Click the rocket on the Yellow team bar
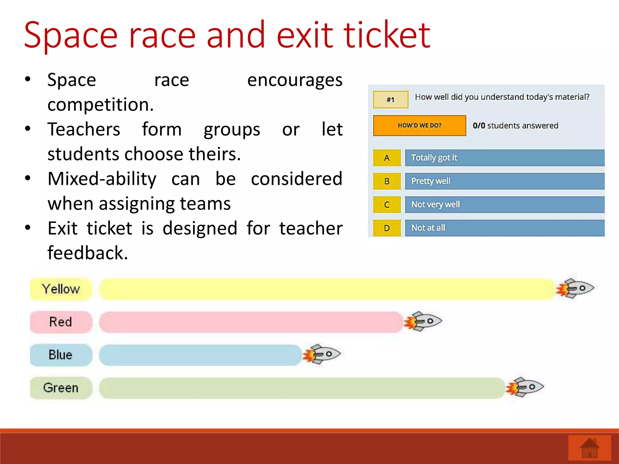point(576,288)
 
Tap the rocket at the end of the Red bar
point(424,321)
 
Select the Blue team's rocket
point(322,354)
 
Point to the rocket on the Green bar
point(525,387)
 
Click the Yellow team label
point(61,289)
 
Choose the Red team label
point(61,322)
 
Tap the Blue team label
point(61,355)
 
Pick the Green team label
point(61,388)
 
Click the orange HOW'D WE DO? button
point(420,125)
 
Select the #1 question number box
point(391,100)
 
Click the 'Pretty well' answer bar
point(504,181)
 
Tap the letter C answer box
point(387,205)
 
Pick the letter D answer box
point(387,228)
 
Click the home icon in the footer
point(589,448)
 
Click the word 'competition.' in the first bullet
point(101,105)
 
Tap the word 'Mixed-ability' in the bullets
point(102,179)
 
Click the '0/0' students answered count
point(479,126)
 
